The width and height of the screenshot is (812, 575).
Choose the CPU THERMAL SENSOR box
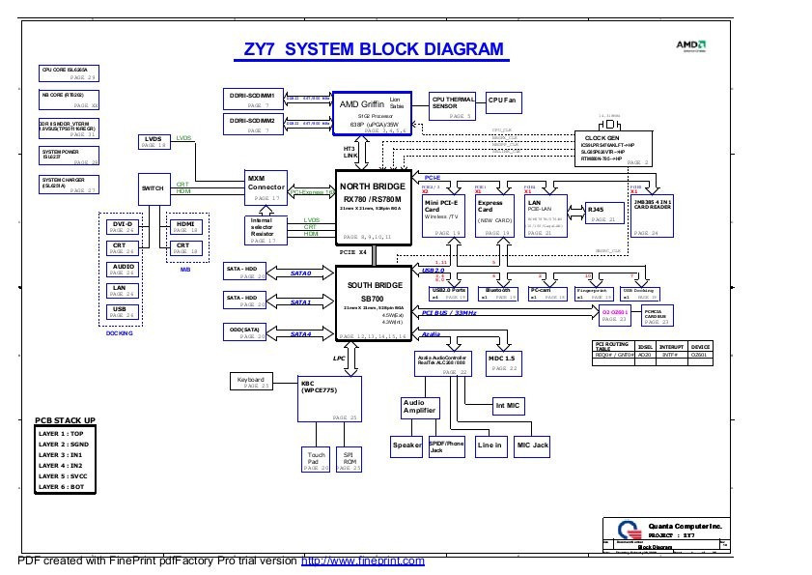(452, 105)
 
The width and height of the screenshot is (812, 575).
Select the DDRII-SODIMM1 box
(253, 100)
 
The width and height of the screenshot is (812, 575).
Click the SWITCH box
(154, 187)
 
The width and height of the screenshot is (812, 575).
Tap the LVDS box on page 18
(154, 142)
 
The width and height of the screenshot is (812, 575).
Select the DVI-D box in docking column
(123, 226)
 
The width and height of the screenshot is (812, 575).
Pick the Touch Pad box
(316, 458)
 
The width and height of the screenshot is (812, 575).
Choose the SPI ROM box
(349, 458)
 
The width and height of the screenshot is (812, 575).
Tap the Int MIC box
(508, 405)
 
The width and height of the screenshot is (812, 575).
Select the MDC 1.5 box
(504, 362)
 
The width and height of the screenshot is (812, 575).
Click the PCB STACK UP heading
(65, 420)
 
